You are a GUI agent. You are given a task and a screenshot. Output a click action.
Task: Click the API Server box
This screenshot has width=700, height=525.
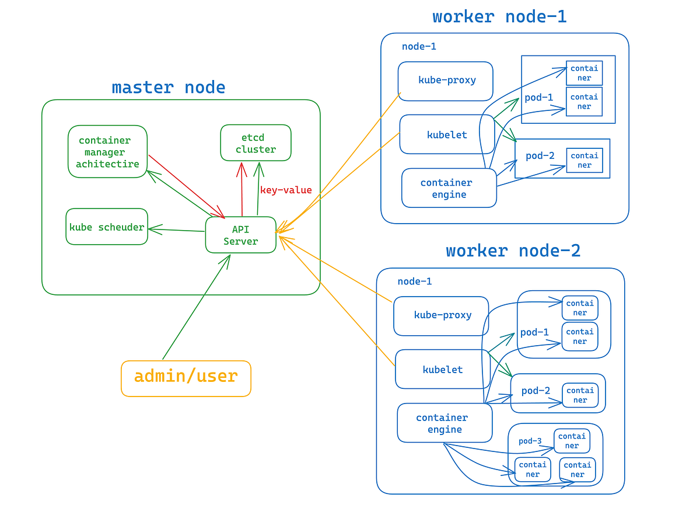coord(240,235)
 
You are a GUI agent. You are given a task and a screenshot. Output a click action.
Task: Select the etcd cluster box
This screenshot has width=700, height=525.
coord(256,142)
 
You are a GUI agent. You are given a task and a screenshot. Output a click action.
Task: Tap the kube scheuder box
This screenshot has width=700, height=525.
coord(107,227)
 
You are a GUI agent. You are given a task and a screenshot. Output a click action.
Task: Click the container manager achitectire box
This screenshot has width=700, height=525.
coord(107,151)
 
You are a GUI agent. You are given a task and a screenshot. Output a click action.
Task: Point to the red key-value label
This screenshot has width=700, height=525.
coord(286,190)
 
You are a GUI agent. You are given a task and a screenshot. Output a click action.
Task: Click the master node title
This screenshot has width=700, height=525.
coord(168,88)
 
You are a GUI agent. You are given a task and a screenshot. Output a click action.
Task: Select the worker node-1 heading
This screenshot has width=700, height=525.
coord(499,16)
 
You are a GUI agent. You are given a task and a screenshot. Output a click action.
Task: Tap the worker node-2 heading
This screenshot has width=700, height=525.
coord(513,251)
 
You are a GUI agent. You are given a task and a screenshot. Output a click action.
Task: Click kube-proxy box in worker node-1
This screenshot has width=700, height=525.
coord(446,81)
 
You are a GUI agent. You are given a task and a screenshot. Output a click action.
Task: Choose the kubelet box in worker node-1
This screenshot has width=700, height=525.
coord(447,134)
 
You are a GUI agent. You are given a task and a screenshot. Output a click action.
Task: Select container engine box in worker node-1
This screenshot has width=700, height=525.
coord(449,188)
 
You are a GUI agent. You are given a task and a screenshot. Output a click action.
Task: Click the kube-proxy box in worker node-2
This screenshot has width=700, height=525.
coord(442,315)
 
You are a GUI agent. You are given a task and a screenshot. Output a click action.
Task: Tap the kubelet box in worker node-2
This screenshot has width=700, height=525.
coord(442,369)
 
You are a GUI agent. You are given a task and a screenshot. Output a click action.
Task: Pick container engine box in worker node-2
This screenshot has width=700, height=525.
coord(444,423)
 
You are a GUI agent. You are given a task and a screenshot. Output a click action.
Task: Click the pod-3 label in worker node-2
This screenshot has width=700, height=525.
coord(530,441)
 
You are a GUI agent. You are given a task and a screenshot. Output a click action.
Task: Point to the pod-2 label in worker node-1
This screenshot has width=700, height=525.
coord(540,156)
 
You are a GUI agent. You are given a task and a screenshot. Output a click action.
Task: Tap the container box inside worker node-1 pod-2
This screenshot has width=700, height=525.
coord(584,161)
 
